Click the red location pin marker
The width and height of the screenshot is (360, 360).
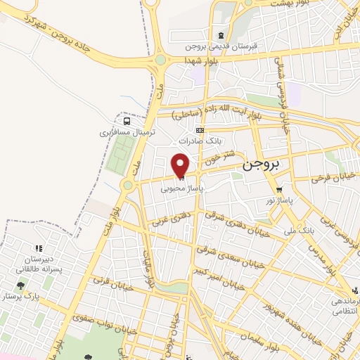pyautogui.click(x=181, y=165)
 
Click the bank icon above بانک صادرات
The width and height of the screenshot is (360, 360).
pyautogui.click(x=201, y=130)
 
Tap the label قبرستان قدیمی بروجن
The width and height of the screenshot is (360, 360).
pyautogui.click(x=222, y=47)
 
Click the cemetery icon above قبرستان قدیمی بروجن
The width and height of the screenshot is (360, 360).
pyautogui.click(x=221, y=36)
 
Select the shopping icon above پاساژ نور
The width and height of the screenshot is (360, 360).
pyautogui.click(x=279, y=189)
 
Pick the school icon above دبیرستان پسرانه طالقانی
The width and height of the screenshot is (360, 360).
pyautogui.click(x=38, y=247)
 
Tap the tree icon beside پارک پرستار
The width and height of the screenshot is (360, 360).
pyautogui.click(x=20, y=286)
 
